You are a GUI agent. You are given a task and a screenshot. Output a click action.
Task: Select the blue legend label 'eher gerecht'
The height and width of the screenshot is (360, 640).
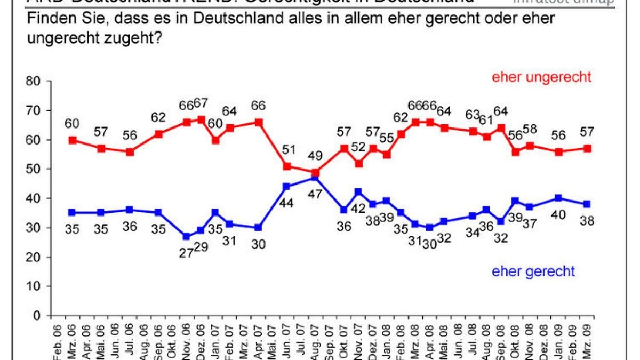click(533, 271)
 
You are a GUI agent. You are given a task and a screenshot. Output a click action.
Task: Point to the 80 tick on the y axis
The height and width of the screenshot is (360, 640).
click(34, 82)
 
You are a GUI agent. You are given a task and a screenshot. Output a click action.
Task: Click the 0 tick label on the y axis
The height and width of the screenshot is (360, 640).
click(37, 316)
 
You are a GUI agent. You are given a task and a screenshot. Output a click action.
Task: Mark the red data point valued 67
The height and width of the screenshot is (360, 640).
click(201, 119)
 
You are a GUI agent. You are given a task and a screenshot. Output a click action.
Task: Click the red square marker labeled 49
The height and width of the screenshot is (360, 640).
click(316, 172)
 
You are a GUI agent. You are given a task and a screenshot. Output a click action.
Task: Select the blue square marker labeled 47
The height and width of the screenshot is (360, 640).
click(316, 178)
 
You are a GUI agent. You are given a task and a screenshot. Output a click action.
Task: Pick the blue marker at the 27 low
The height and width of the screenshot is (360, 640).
click(187, 236)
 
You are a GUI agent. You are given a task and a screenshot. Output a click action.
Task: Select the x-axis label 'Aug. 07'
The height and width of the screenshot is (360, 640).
click(316, 338)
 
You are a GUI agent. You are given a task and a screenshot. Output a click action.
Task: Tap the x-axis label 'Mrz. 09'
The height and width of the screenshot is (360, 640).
click(587, 338)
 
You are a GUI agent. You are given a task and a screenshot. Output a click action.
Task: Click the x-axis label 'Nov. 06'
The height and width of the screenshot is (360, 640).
click(187, 338)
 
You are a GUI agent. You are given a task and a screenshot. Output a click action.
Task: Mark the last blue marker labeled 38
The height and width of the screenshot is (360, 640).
click(587, 204)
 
